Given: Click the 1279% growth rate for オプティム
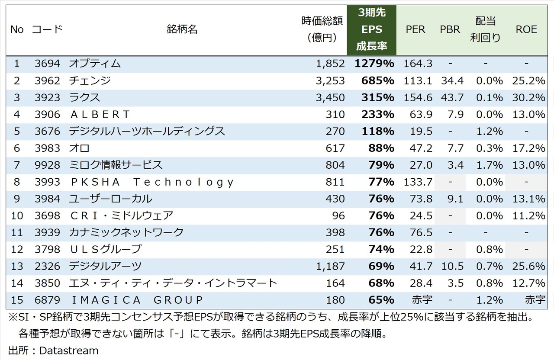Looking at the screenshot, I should click(x=374, y=64).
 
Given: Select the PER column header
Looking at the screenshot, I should click(x=415, y=29).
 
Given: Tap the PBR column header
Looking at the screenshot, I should click(x=450, y=29).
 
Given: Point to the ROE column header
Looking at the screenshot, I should click(x=526, y=29).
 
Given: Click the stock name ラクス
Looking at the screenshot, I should click(x=84, y=97).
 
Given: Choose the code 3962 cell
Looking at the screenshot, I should click(x=47, y=80).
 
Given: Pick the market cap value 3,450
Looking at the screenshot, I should click(x=330, y=97).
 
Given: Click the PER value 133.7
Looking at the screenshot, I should click(x=418, y=182).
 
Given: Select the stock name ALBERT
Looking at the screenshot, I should click(x=100, y=114).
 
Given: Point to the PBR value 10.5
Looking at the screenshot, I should click(x=452, y=266).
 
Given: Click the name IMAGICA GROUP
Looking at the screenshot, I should click(x=136, y=300).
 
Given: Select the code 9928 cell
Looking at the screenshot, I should click(x=47, y=165).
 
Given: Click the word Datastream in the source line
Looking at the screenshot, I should click(x=69, y=350).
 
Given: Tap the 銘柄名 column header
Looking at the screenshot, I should click(x=182, y=29).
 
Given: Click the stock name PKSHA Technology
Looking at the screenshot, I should click(x=151, y=182).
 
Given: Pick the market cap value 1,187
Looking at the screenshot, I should click(x=330, y=266).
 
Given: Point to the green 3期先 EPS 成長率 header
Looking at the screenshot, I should click(x=371, y=29).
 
